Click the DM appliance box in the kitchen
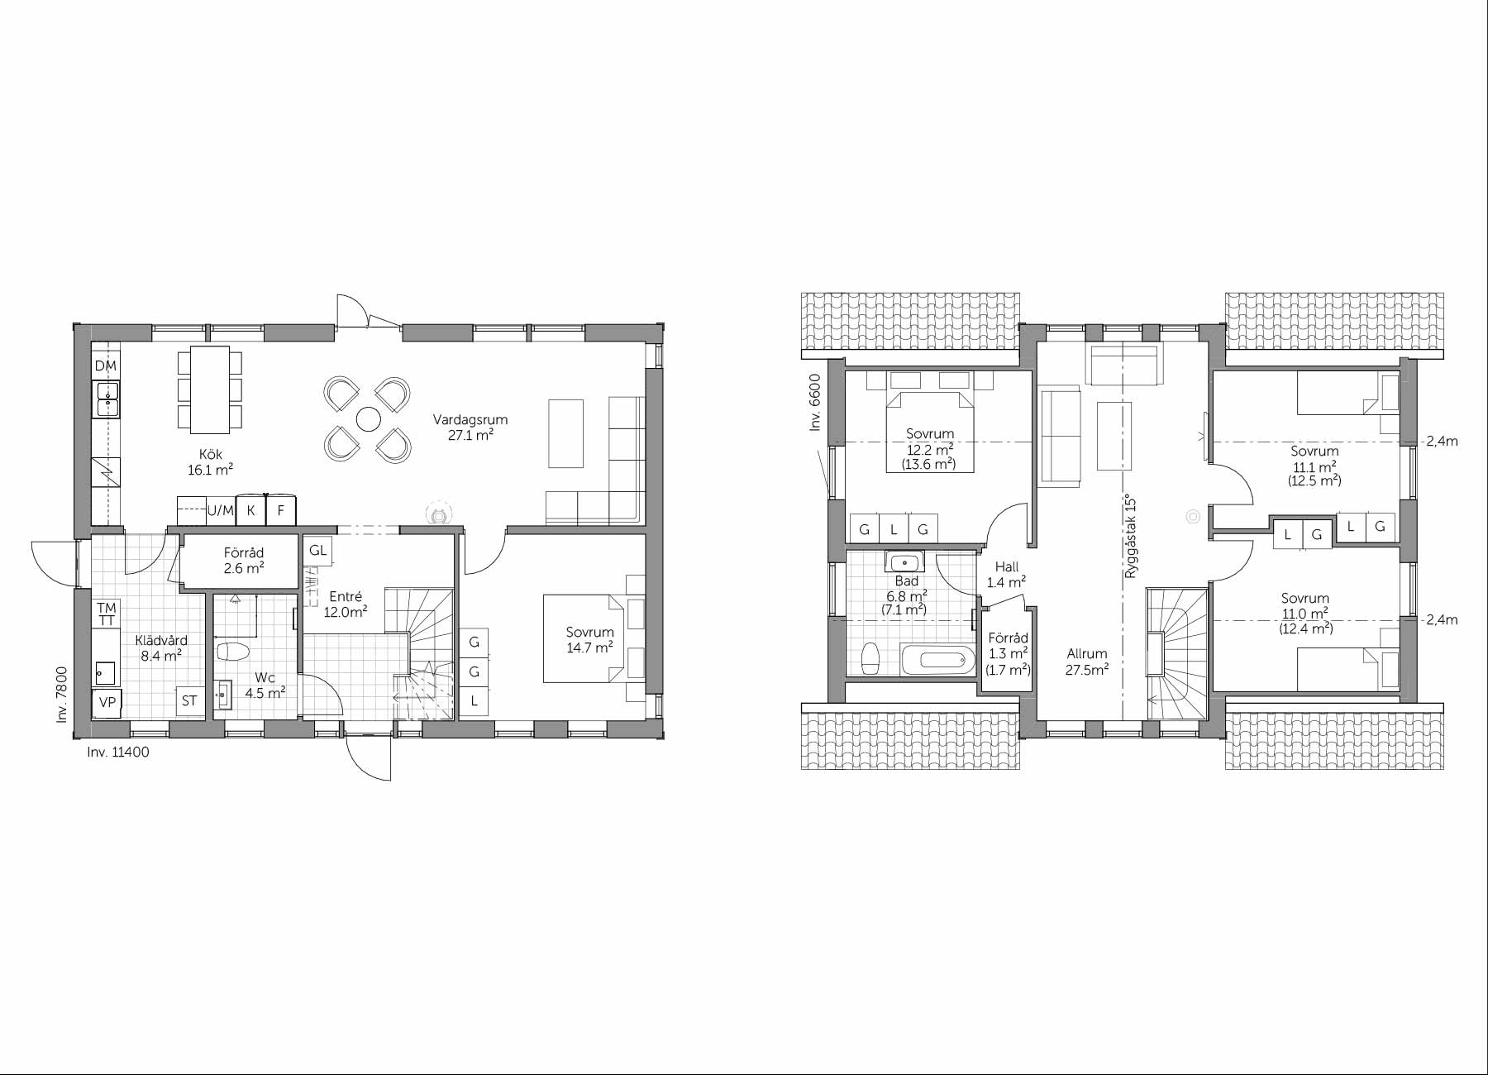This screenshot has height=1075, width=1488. click(x=106, y=366)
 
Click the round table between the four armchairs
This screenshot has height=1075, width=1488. click(x=368, y=420)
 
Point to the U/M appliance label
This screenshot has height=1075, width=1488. click(x=220, y=511)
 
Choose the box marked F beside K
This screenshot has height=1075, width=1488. click(x=281, y=511)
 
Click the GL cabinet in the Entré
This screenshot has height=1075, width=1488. click(x=318, y=551)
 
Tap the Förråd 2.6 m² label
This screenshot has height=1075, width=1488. click(x=243, y=561)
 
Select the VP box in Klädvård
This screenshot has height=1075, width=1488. click(x=107, y=702)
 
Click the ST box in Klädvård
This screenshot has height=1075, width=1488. click(x=189, y=700)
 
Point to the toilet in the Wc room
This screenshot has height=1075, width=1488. click(x=232, y=652)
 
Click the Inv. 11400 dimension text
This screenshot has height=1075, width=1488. click(x=118, y=752)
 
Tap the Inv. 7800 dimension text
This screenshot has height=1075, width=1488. click(x=62, y=695)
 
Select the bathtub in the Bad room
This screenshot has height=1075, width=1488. click(x=934, y=660)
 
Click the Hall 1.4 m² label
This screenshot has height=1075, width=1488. click(x=1006, y=575)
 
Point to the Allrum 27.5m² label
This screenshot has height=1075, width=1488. click(x=1086, y=662)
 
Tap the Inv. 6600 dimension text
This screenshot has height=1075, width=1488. click(x=815, y=403)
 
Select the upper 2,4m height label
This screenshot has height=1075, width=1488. click(x=1442, y=442)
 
